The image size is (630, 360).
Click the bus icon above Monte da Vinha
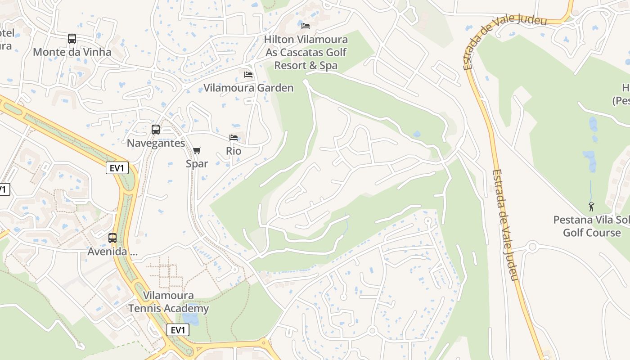point(72,39)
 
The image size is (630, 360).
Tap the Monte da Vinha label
point(72,52)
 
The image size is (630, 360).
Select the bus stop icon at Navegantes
point(156,130)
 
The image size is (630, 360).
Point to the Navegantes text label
point(156,143)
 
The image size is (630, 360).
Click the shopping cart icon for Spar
point(197,150)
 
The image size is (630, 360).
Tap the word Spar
point(197,163)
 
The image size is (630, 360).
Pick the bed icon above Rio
point(233,137)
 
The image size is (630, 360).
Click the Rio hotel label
point(234,151)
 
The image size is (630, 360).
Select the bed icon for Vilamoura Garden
point(248,74)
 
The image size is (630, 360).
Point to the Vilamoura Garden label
point(248,88)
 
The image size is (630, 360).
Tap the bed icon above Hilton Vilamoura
point(306,26)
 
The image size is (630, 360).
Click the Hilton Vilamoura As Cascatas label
point(306,52)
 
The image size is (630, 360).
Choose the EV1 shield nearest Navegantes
point(117,168)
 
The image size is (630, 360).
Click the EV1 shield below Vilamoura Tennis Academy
point(178,330)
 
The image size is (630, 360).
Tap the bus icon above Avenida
point(112,238)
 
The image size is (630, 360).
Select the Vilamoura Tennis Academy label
point(168,302)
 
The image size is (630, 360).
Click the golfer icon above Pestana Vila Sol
point(591,207)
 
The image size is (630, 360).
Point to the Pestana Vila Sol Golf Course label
point(592,226)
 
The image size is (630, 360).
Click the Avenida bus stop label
point(112,252)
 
